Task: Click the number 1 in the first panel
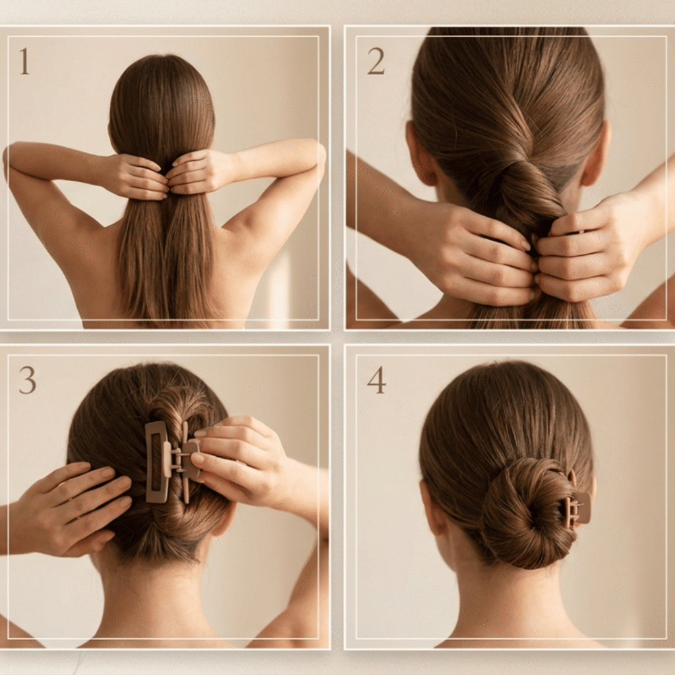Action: pos(24,61)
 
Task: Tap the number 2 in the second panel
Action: pos(376,61)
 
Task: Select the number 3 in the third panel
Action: pos(27,380)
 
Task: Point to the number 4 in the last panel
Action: pos(376,380)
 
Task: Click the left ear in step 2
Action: pos(421,155)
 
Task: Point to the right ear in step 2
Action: pos(597,155)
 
